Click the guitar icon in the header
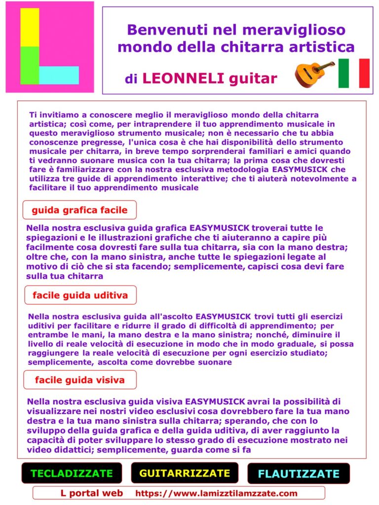(x=314, y=73)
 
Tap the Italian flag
(x=354, y=73)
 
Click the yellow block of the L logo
(x=30, y=27)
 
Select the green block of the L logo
(x=30, y=65)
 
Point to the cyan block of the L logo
(x=59, y=75)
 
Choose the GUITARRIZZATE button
(x=185, y=473)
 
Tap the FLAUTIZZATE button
(x=299, y=474)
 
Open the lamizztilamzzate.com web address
(x=216, y=493)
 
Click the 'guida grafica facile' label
(x=79, y=210)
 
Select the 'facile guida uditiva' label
(x=80, y=295)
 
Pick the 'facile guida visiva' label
(x=79, y=380)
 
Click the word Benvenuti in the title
(x=165, y=30)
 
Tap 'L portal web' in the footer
(x=92, y=493)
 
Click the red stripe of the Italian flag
(x=365, y=73)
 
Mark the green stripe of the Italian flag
(x=343, y=73)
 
